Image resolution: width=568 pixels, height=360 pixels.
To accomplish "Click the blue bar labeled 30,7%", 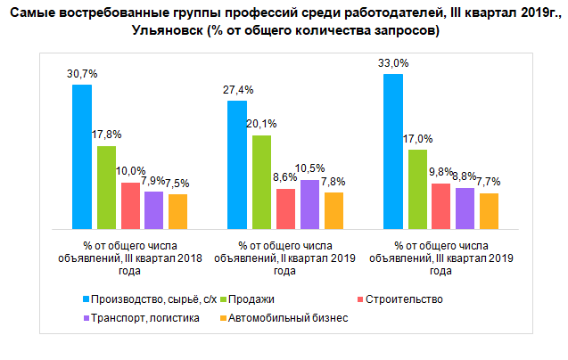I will point(82,157).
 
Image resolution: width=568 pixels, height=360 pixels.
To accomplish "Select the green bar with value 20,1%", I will point(261,183).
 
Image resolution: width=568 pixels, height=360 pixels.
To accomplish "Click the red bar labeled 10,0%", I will point(130,206).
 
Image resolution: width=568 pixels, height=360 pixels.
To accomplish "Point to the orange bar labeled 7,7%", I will point(489,211).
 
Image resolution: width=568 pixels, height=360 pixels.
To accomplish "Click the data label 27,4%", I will point(235,91).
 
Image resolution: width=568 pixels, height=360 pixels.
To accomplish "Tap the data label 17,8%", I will point(107,135).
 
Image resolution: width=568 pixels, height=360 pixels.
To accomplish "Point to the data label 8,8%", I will point(465,176).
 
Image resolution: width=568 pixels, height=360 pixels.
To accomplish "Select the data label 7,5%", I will point(177,184).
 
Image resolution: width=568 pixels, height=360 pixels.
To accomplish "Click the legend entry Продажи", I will point(253,299).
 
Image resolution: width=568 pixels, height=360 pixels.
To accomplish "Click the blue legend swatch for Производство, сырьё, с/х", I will point(85,299).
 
